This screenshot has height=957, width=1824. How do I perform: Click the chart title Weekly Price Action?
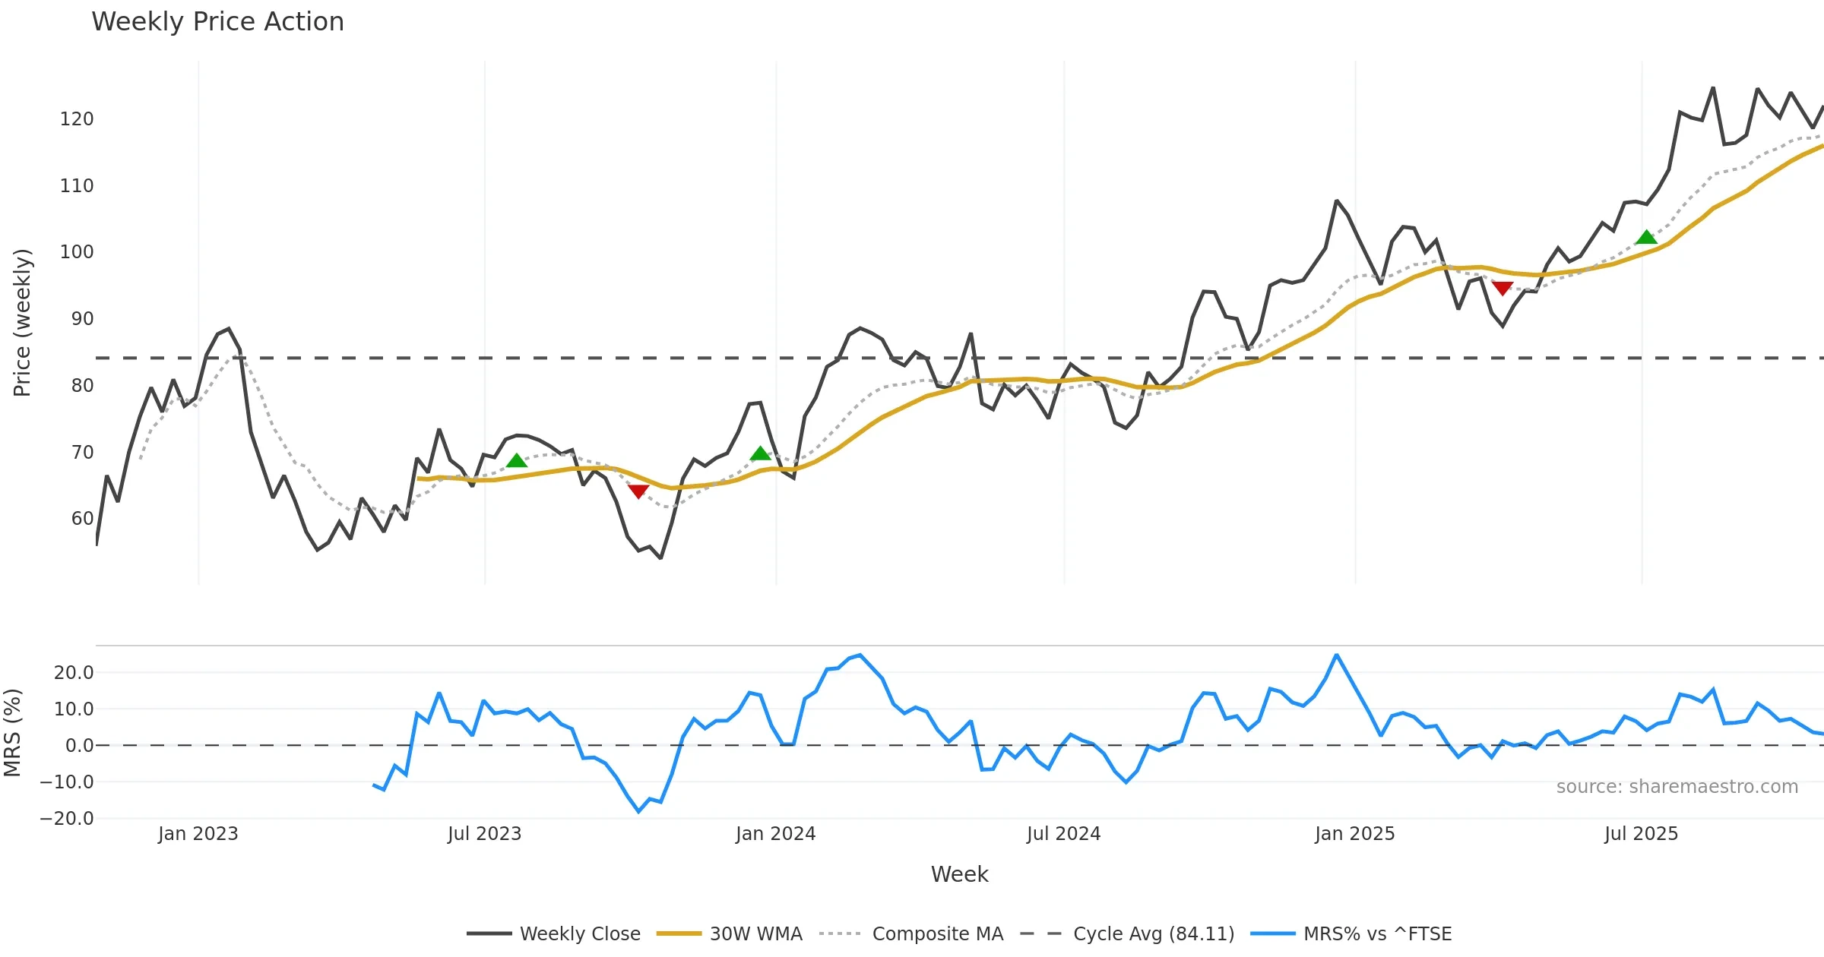point(217,22)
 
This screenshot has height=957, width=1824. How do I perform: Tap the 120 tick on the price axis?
point(77,119)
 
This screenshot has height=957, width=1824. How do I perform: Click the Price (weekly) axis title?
point(22,323)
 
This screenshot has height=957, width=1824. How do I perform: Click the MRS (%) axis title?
point(12,733)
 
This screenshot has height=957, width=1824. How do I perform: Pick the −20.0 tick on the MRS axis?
point(67,819)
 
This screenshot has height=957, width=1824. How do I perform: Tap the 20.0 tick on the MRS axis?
point(74,673)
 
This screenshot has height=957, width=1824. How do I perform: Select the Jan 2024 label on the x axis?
point(775,834)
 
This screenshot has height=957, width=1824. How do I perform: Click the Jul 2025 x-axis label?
point(1641,834)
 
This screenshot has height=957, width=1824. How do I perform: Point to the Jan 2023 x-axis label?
point(198,834)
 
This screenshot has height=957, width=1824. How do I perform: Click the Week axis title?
point(959,874)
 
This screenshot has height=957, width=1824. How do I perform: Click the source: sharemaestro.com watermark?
point(1677,787)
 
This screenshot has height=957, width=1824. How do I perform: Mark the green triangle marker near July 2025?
point(1646,238)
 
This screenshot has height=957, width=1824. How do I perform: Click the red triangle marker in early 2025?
point(1503,288)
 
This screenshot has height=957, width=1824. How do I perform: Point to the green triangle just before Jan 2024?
point(760,454)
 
